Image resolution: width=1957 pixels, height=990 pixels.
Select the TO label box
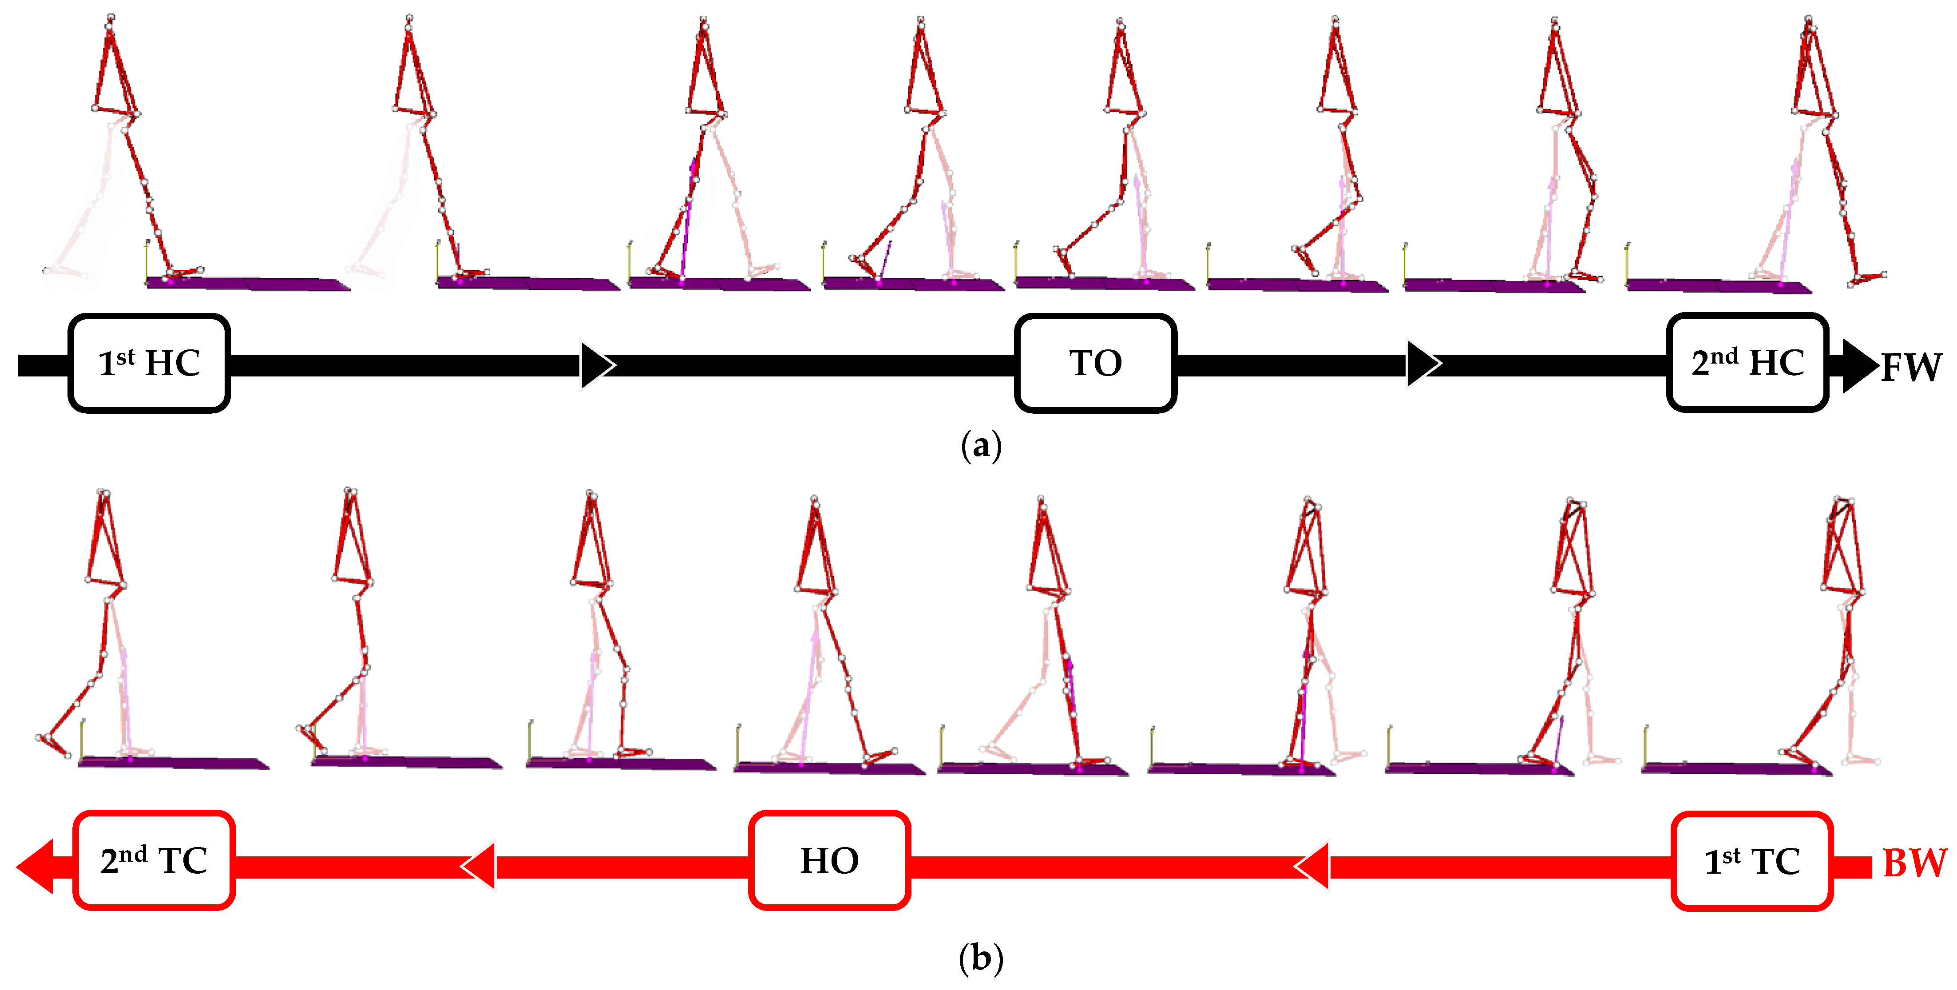coord(1096,363)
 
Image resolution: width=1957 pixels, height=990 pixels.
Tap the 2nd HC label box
coord(1747,363)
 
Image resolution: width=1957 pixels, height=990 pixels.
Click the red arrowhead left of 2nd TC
coord(36,866)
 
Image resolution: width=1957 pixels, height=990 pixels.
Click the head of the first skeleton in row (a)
coord(111,18)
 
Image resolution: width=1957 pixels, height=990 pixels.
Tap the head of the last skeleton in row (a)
coord(1809,20)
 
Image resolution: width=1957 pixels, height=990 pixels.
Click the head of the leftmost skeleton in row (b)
coord(104,494)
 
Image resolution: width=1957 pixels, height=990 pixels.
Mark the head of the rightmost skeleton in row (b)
coord(1843,503)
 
